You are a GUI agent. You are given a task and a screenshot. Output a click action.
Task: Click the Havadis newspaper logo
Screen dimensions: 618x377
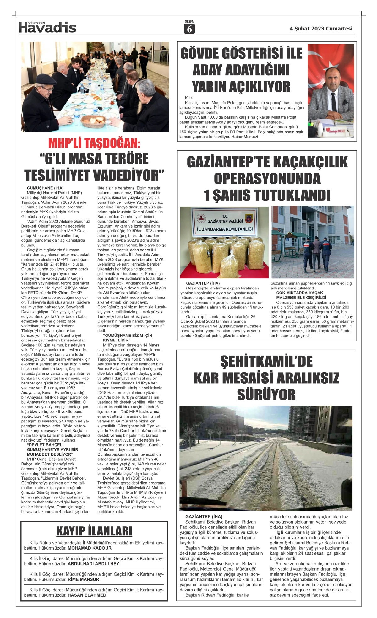48,28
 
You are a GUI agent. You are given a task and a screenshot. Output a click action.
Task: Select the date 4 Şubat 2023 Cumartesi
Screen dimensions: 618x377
321,29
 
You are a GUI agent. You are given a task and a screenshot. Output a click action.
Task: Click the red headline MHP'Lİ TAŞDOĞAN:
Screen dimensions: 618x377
94,143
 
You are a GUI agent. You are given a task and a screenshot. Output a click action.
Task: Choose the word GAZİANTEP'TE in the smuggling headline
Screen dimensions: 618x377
227,162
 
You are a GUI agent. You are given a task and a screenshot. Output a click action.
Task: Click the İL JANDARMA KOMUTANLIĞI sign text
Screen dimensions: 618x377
225,229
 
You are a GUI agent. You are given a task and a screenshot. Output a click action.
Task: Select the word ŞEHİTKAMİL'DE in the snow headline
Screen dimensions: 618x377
266,361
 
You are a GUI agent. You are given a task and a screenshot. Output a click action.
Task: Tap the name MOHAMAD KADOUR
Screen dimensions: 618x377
90,548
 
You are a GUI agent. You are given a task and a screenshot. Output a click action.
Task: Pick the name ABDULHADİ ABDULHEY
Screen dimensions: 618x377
94,564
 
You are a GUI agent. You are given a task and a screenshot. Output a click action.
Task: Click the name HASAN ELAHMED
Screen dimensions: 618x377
87,595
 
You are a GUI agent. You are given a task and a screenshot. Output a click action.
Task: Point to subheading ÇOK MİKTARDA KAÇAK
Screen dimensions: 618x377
300,293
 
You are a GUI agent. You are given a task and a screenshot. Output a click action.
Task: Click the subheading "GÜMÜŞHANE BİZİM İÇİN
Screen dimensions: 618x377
128,336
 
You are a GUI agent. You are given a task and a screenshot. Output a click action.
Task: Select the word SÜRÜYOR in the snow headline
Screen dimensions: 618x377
266,395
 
